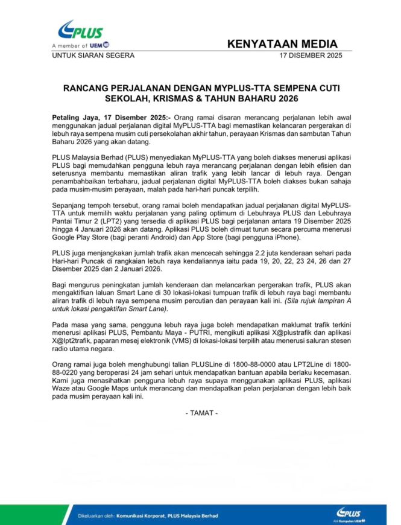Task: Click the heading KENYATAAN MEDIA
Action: click(282, 44)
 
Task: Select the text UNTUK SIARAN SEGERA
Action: click(92, 56)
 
